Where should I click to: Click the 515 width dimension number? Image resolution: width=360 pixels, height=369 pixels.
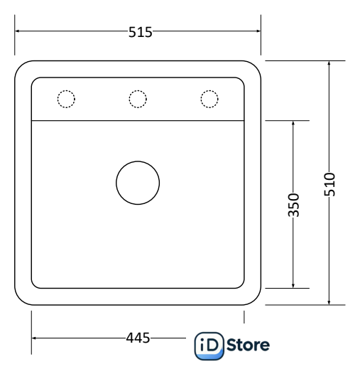click(x=140, y=32)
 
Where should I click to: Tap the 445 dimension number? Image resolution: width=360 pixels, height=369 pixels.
click(x=138, y=338)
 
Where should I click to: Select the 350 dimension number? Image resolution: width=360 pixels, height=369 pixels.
click(x=293, y=205)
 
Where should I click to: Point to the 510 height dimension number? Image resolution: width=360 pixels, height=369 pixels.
click(x=329, y=184)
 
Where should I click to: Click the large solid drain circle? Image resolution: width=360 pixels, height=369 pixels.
click(x=138, y=161)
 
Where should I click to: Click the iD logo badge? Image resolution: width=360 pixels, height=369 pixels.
click(x=209, y=346)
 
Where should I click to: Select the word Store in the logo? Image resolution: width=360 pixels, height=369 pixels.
click(x=248, y=345)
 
